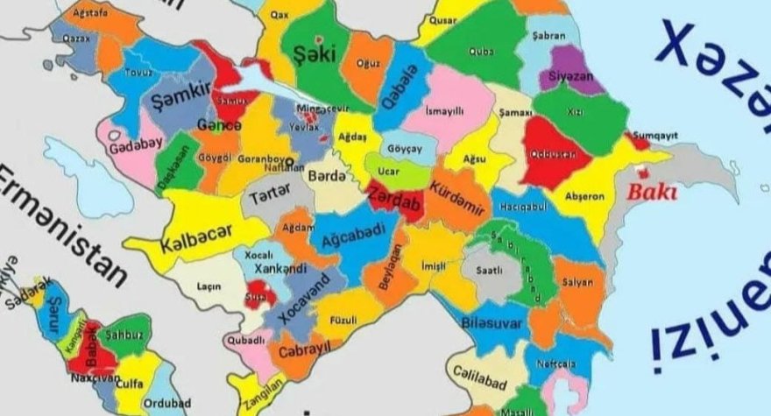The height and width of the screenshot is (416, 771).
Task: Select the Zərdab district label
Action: click(394, 199)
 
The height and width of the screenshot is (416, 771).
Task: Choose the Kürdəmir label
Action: click(457, 198)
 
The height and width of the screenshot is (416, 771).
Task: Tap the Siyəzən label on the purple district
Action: click(570, 75)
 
